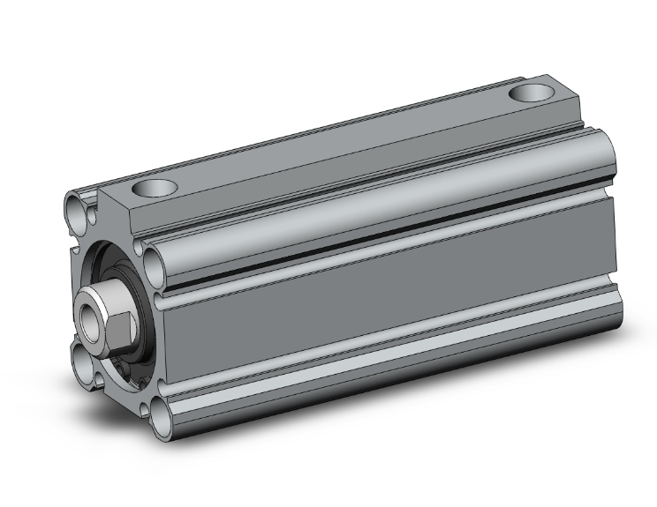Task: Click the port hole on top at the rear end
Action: click(532, 92)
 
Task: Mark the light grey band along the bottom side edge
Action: click(389, 370)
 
